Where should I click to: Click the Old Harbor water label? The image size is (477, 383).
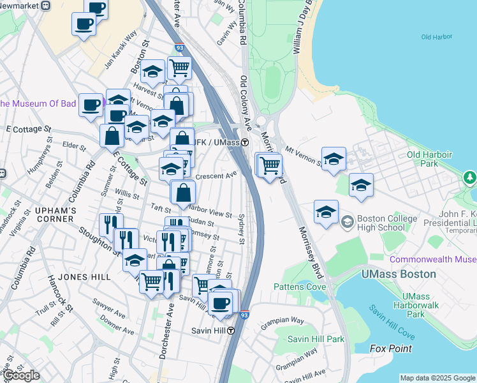coord(436,37)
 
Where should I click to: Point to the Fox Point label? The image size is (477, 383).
coord(390,349)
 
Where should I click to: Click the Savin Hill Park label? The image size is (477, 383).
coord(316,338)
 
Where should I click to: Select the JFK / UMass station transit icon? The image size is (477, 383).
coord(246,142)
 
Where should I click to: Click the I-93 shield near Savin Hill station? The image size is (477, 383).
coord(245,315)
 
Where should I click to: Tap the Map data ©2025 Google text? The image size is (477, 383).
coord(437,378)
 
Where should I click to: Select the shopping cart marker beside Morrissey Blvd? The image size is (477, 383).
coord(270,165)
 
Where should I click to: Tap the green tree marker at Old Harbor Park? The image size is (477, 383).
coord(471,177)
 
